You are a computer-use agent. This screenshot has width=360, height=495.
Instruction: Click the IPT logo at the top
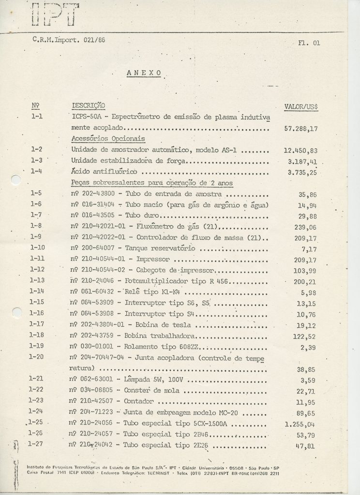(x=55, y=13)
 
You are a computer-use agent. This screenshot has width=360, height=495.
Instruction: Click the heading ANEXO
(x=144, y=73)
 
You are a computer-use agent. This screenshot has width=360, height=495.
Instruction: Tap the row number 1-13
(x=36, y=280)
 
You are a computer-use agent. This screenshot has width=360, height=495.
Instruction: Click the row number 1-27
(x=37, y=443)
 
